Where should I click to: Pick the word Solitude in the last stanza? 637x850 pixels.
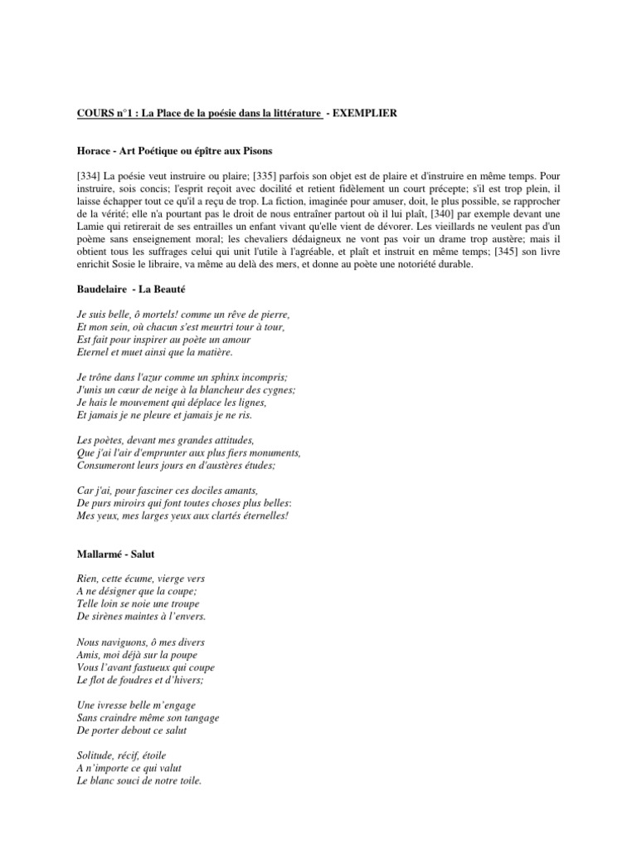[98, 756]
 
